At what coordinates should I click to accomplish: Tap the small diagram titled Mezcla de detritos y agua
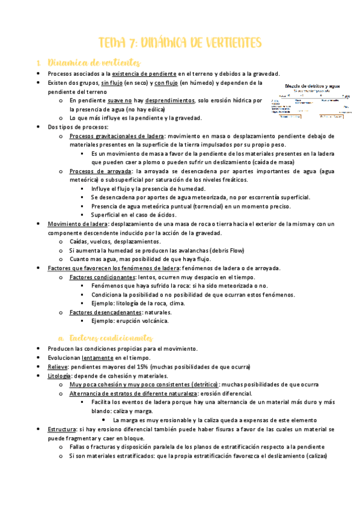(311, 99)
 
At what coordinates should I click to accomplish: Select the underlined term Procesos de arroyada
(95, 171)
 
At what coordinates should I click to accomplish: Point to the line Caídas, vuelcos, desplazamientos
(115, 241)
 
